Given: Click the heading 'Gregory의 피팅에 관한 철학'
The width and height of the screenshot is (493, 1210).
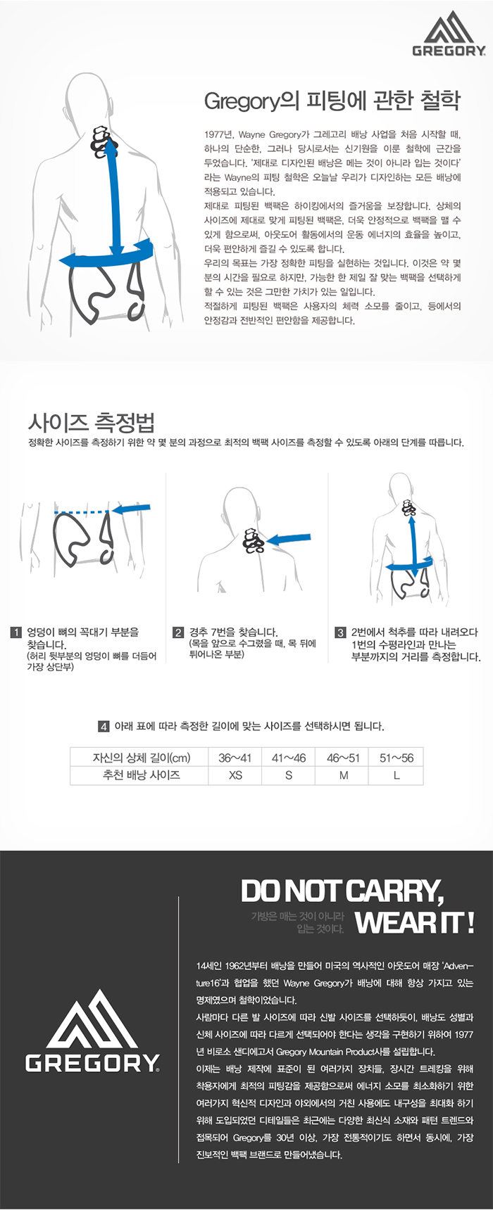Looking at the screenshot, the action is (x=332, y=101).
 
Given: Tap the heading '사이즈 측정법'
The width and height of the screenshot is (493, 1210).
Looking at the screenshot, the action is (x=91, y=423).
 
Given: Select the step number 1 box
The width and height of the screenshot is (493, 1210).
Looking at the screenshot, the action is (x=16, y=632).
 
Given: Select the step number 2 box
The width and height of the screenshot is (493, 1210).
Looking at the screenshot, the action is (x=178, y=632).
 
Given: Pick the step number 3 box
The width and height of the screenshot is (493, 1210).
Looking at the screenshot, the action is (x=340, y=632).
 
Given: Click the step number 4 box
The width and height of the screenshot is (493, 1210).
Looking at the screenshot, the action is (x=104, y=726).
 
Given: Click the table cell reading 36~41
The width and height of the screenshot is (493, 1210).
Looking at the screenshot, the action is (x=235, y=758).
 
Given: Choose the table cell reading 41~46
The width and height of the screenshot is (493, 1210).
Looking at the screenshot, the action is (x=289, y=758).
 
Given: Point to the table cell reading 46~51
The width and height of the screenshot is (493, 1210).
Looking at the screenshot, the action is (x=343, y=758).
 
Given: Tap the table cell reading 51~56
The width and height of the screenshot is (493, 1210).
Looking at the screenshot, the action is (x=397, y=758).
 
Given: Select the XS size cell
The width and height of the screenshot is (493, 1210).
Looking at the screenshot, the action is (x=235, y=775).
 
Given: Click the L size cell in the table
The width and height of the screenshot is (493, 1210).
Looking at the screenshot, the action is (x=397, y=775).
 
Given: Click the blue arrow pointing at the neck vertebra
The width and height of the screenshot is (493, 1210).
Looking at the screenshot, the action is (x=287, y=540).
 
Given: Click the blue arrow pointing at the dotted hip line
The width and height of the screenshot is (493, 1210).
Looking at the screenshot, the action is (x=132, y=509).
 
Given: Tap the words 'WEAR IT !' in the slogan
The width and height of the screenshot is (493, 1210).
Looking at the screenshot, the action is (x=415, y=922).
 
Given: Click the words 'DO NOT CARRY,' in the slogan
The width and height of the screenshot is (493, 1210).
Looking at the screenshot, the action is (x=343, y=891).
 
